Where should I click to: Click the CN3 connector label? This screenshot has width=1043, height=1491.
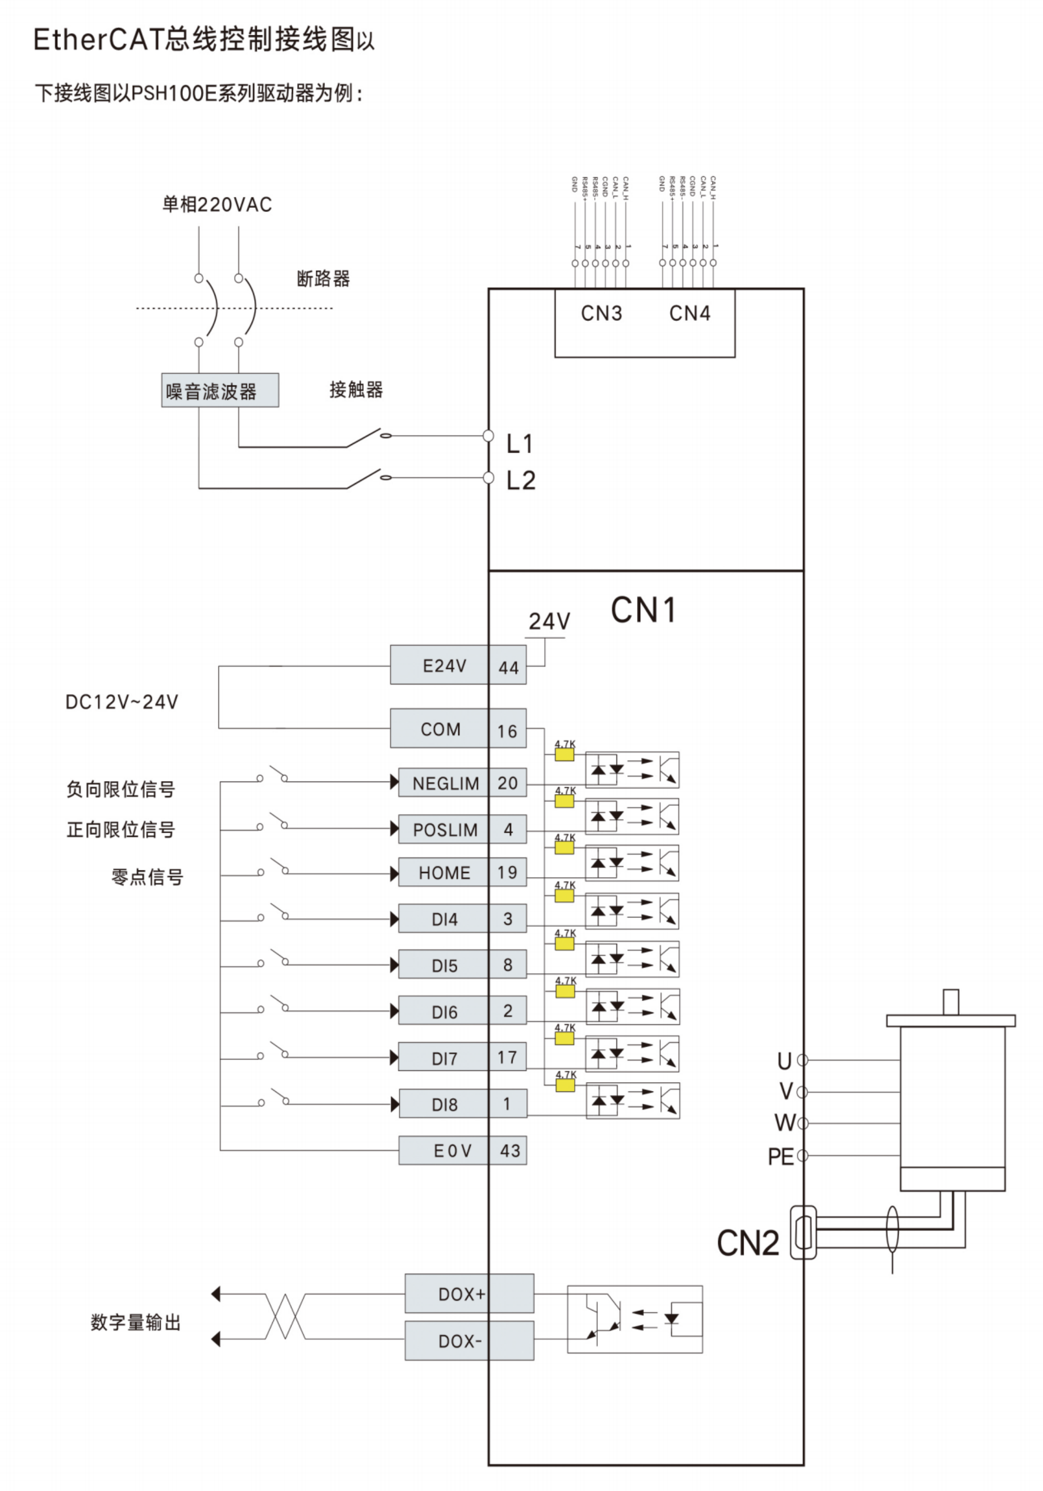(x=601, y=314)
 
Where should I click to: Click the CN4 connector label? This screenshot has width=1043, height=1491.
(x=690, y=314)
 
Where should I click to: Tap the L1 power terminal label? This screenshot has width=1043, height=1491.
(x=520, y=444)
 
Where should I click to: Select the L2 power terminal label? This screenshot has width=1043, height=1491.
(x=521, y=481)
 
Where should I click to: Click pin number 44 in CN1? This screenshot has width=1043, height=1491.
(x=508, y=667)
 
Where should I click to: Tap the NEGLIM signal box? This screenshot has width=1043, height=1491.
(x=445, y=783)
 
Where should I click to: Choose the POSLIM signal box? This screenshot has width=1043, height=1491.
(x=445, y=829)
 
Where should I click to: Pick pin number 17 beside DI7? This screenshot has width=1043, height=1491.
(x=508, y=1057)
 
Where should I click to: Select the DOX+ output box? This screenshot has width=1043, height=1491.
(x=461, y=1294)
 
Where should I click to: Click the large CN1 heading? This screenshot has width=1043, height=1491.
(x=643, y=610)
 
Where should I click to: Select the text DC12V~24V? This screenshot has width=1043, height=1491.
(x=122, y=702)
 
